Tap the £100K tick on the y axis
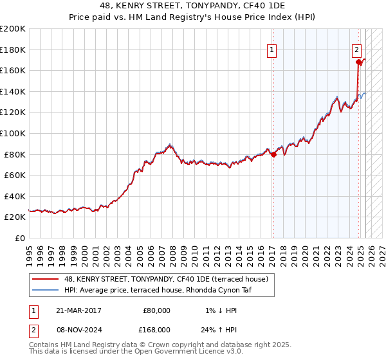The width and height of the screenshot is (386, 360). pyautogui.click(x=14, y=133)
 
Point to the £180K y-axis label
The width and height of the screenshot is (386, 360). pyautogui.click(x=14, y=50)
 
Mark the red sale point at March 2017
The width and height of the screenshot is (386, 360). pyautogui.click(x=273, y=154)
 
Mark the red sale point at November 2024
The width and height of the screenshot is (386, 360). pyautogui.click(x=358, y=62)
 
